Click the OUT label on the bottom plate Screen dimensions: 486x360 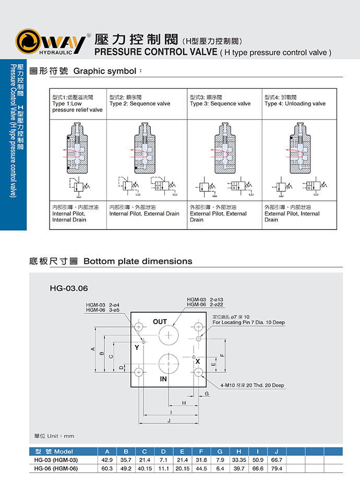click(x=160, y=322)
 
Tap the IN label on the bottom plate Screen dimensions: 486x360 click(x=163, y=379)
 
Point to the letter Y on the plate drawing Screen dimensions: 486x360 click(x=136, y=347)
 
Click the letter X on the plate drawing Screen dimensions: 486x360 click(x=198, y=361)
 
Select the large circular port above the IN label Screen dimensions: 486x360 click(x=169, y=362)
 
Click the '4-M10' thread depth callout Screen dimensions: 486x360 click(x=252, y=385)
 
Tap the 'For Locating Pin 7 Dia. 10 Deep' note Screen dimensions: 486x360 click(x=248, y=323)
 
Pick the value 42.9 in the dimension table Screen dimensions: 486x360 click(x=107, y=460)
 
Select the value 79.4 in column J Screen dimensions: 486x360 click(x=277, y=468)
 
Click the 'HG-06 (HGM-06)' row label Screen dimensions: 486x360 click(x=56, y=468)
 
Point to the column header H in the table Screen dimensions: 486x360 click(x=238, y=452)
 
